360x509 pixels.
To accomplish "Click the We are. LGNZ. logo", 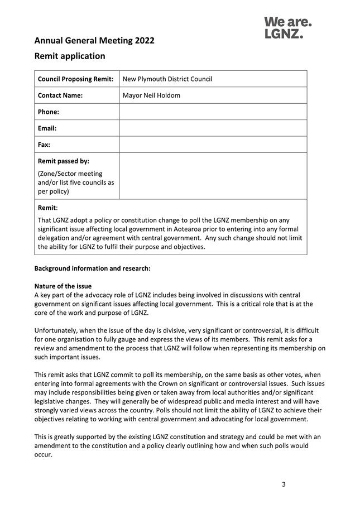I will (287, 28).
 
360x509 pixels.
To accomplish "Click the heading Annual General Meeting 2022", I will (94, 40).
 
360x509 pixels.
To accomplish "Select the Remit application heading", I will (70, 56).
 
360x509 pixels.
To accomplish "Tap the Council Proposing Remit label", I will (75, 79).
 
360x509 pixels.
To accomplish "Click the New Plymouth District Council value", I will (167, 79).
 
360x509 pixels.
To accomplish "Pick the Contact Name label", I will (60, 95).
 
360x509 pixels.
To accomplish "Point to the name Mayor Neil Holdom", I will (151, 95).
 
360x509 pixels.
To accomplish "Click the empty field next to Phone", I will (213, 112).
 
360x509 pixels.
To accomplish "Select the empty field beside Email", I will (213, 128).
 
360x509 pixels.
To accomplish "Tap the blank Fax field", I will (213, 145).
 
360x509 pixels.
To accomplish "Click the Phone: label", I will (49, 112).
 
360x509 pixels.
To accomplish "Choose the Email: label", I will (47, 128).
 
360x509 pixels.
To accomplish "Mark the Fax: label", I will (44, 145).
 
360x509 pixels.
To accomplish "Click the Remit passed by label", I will (64, 161).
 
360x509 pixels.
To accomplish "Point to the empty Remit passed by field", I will (213, 176).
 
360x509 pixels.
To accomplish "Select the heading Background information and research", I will (93, 268).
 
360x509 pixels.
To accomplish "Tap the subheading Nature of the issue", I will (63, 286).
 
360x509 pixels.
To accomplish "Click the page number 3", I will (284, 484).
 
